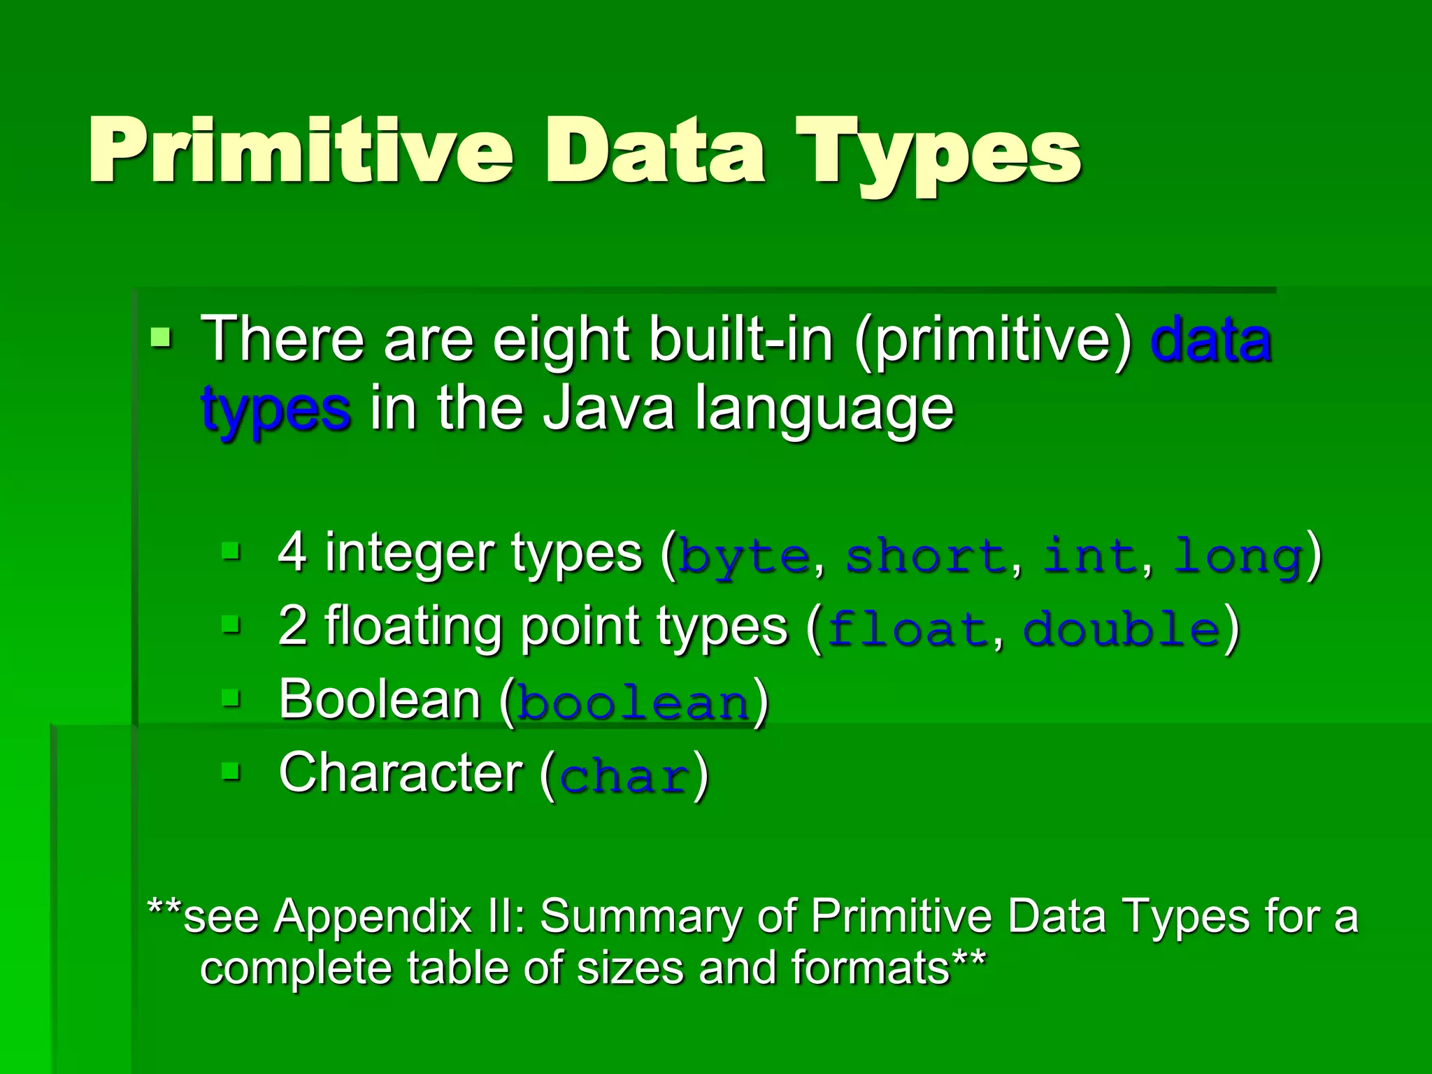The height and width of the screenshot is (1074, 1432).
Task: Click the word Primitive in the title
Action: tap(301, 150)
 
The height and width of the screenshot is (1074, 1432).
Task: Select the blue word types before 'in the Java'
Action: tap(275, 410)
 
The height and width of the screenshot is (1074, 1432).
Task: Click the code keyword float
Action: tap(907, 630)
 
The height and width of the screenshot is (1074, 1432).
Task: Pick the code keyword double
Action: tap(1122, 630)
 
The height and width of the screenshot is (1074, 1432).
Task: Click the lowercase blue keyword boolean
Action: tap(633, 703)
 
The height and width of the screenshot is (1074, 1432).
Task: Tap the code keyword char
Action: tap(624, 777)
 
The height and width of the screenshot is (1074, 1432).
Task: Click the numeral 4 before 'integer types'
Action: tap(292, 552)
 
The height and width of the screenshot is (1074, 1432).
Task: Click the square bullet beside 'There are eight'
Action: tap(161, 338)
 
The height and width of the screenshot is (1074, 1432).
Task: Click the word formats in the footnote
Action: tap(870, 968)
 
